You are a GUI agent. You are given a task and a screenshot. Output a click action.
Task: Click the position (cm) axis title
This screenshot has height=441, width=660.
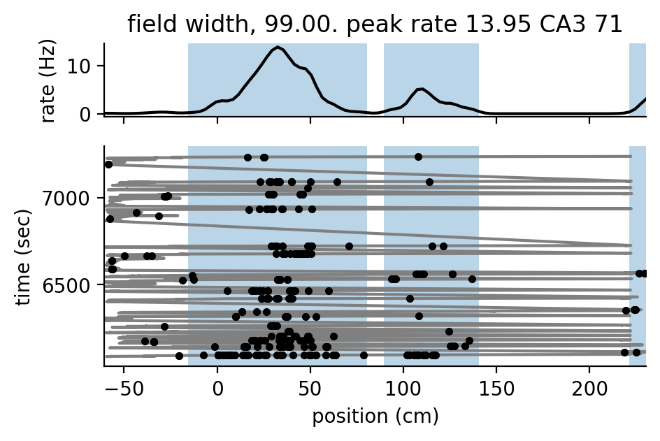pyautogui.click(x=375, y=417)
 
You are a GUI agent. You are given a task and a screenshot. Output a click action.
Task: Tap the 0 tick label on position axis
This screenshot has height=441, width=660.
pyautogui.click(x=217, y=390)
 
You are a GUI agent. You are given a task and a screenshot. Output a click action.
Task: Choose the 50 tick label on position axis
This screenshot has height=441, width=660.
pyautogui.click(x=310, y=390)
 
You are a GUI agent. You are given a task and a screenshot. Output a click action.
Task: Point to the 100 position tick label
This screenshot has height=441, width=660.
pyautogui.click(x=403, y=390)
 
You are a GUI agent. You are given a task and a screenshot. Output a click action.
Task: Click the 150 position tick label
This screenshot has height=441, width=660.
pyautogui.click(x=496, y=390)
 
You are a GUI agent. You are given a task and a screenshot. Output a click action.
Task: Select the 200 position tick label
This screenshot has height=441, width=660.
pyautogui.click(x=589, y=390)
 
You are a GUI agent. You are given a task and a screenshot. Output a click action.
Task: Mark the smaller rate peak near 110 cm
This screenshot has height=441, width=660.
pyautogui.click(x=420, y=89)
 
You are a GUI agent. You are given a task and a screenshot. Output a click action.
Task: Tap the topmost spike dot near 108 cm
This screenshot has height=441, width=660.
pyautogui.click(x=418, y=157)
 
